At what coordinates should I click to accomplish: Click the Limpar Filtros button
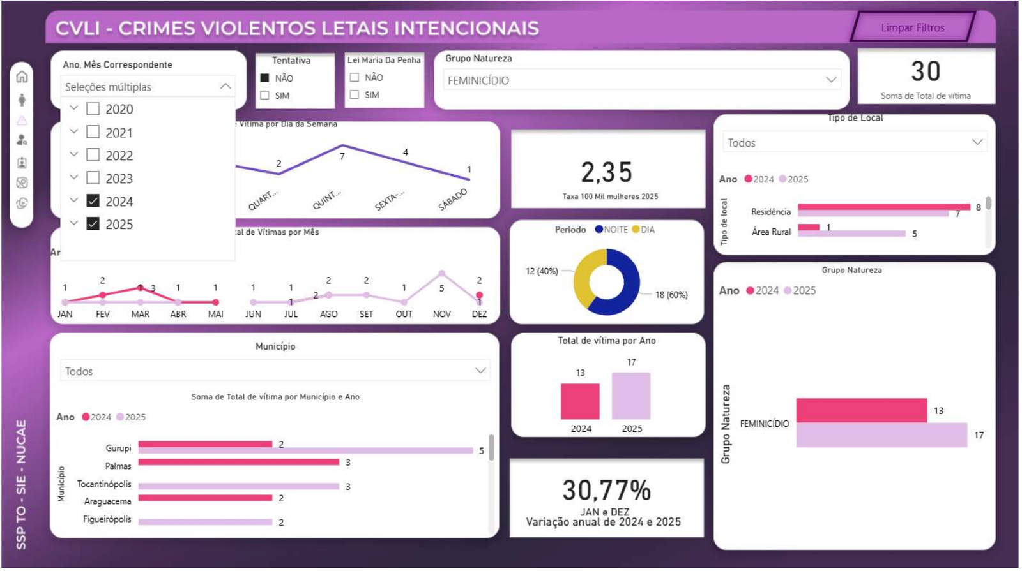(912, 27)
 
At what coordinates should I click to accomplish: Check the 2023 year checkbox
(93, 178)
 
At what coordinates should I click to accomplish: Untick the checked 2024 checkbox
(93, 201)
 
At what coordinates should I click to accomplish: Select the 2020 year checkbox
(93, 109)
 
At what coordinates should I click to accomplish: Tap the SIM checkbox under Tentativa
(265, 96)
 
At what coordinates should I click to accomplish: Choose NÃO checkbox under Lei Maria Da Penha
(355, 77)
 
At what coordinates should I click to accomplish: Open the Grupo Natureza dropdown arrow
(830, 80)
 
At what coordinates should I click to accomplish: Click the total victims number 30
(926, 71)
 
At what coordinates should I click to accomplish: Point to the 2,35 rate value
(607, 172)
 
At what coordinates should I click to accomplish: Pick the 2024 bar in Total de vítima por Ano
(580, 401)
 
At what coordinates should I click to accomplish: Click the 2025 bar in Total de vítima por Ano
(631, 396)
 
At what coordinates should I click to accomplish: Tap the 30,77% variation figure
(607, 491)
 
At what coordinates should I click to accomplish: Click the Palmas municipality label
(118, 466)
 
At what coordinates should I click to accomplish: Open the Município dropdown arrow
(480, 371)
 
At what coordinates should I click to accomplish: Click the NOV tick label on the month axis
(441, 314)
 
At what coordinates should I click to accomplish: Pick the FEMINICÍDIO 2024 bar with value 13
(861, 410)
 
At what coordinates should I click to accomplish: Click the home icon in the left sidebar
(22, 77)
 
